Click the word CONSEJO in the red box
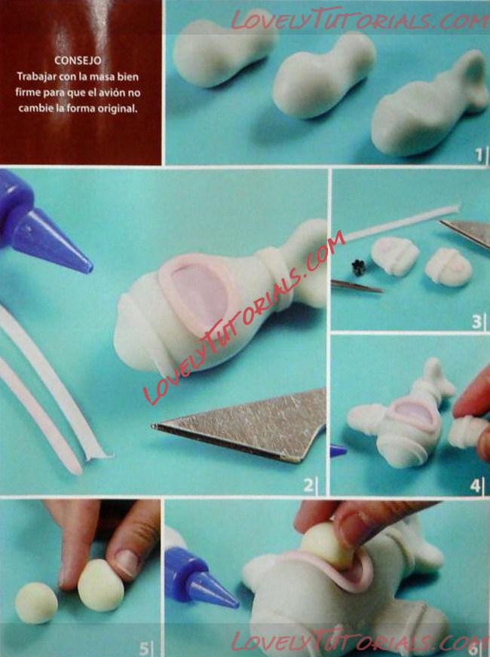78,61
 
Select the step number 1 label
479,154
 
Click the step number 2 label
308,485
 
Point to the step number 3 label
476,322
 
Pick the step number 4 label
475,486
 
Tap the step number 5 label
144,649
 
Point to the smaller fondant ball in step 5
36,603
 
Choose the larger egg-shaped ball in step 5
101,585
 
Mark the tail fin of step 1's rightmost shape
475,80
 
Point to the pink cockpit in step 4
413,414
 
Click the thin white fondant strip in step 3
403,222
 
